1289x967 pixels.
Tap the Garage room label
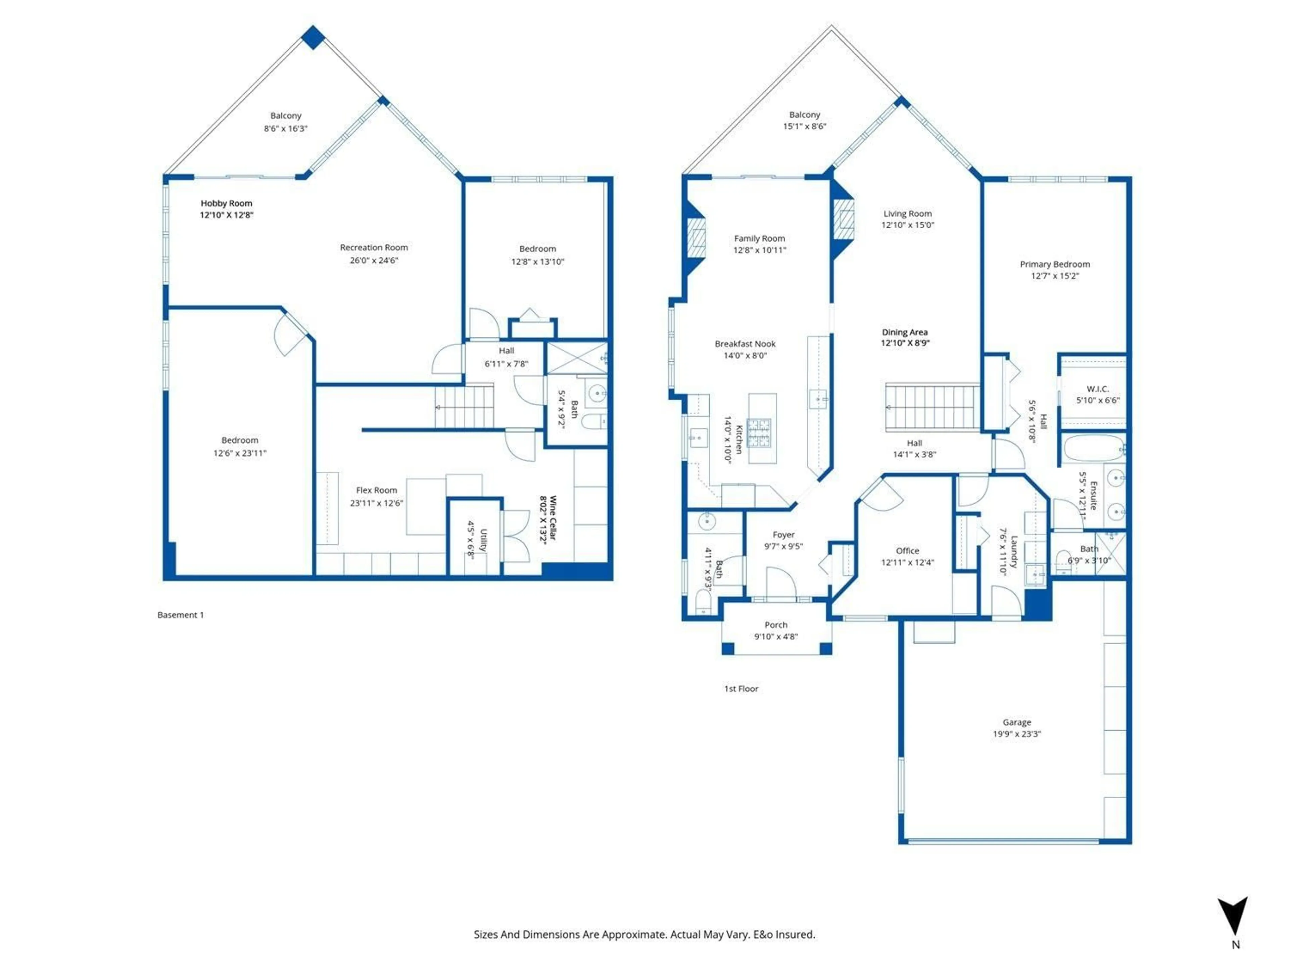[x=1016, y=722]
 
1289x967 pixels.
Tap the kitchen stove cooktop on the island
[x=759, y=432]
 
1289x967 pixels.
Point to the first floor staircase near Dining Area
[x=931, y=406]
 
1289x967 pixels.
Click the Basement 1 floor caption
[x=181, y=615]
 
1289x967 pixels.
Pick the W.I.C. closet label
[x=1097, y=389]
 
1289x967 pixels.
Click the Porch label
[x=776, y=625]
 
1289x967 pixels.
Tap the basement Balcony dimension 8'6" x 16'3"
[x=286, y=128]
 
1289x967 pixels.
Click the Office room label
[x=907, y=551]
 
